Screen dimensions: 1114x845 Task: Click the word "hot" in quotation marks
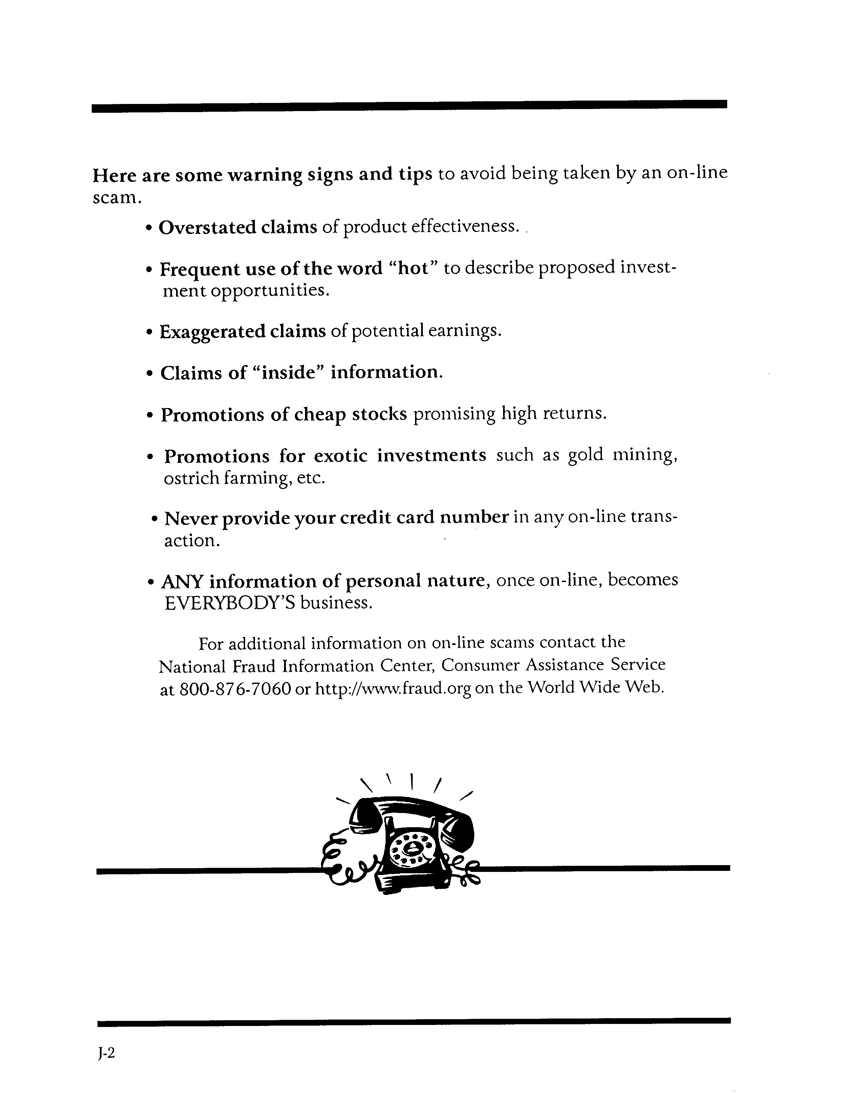[413, 269]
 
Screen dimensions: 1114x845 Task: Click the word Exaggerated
[213, 332]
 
